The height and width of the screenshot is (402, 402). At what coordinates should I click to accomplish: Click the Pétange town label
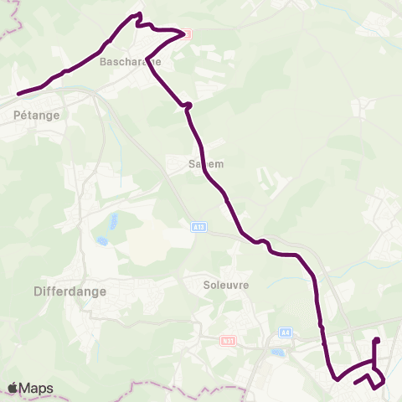[37, 116]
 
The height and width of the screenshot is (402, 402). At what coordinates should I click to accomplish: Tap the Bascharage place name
[125, 62]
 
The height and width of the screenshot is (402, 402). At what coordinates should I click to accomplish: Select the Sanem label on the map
[206, 164]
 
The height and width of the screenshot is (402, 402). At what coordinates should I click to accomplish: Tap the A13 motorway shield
[198, 227]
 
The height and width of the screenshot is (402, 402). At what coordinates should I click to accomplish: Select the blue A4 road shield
[286, 332]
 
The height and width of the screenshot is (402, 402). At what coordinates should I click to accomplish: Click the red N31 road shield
[228, 341]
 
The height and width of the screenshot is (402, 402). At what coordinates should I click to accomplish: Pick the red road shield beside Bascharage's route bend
[187, 34]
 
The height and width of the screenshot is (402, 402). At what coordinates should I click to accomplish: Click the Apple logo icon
[13, 388]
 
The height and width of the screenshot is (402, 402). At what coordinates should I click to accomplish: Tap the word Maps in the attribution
[37, 389]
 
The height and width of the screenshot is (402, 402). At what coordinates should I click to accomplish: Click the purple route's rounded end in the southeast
[377, 340]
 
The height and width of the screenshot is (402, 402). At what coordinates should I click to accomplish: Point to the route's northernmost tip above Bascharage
[138, 15]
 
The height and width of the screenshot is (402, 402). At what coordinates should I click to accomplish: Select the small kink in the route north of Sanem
[188, 106]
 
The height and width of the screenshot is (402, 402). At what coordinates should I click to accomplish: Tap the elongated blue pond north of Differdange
[111, 222]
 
